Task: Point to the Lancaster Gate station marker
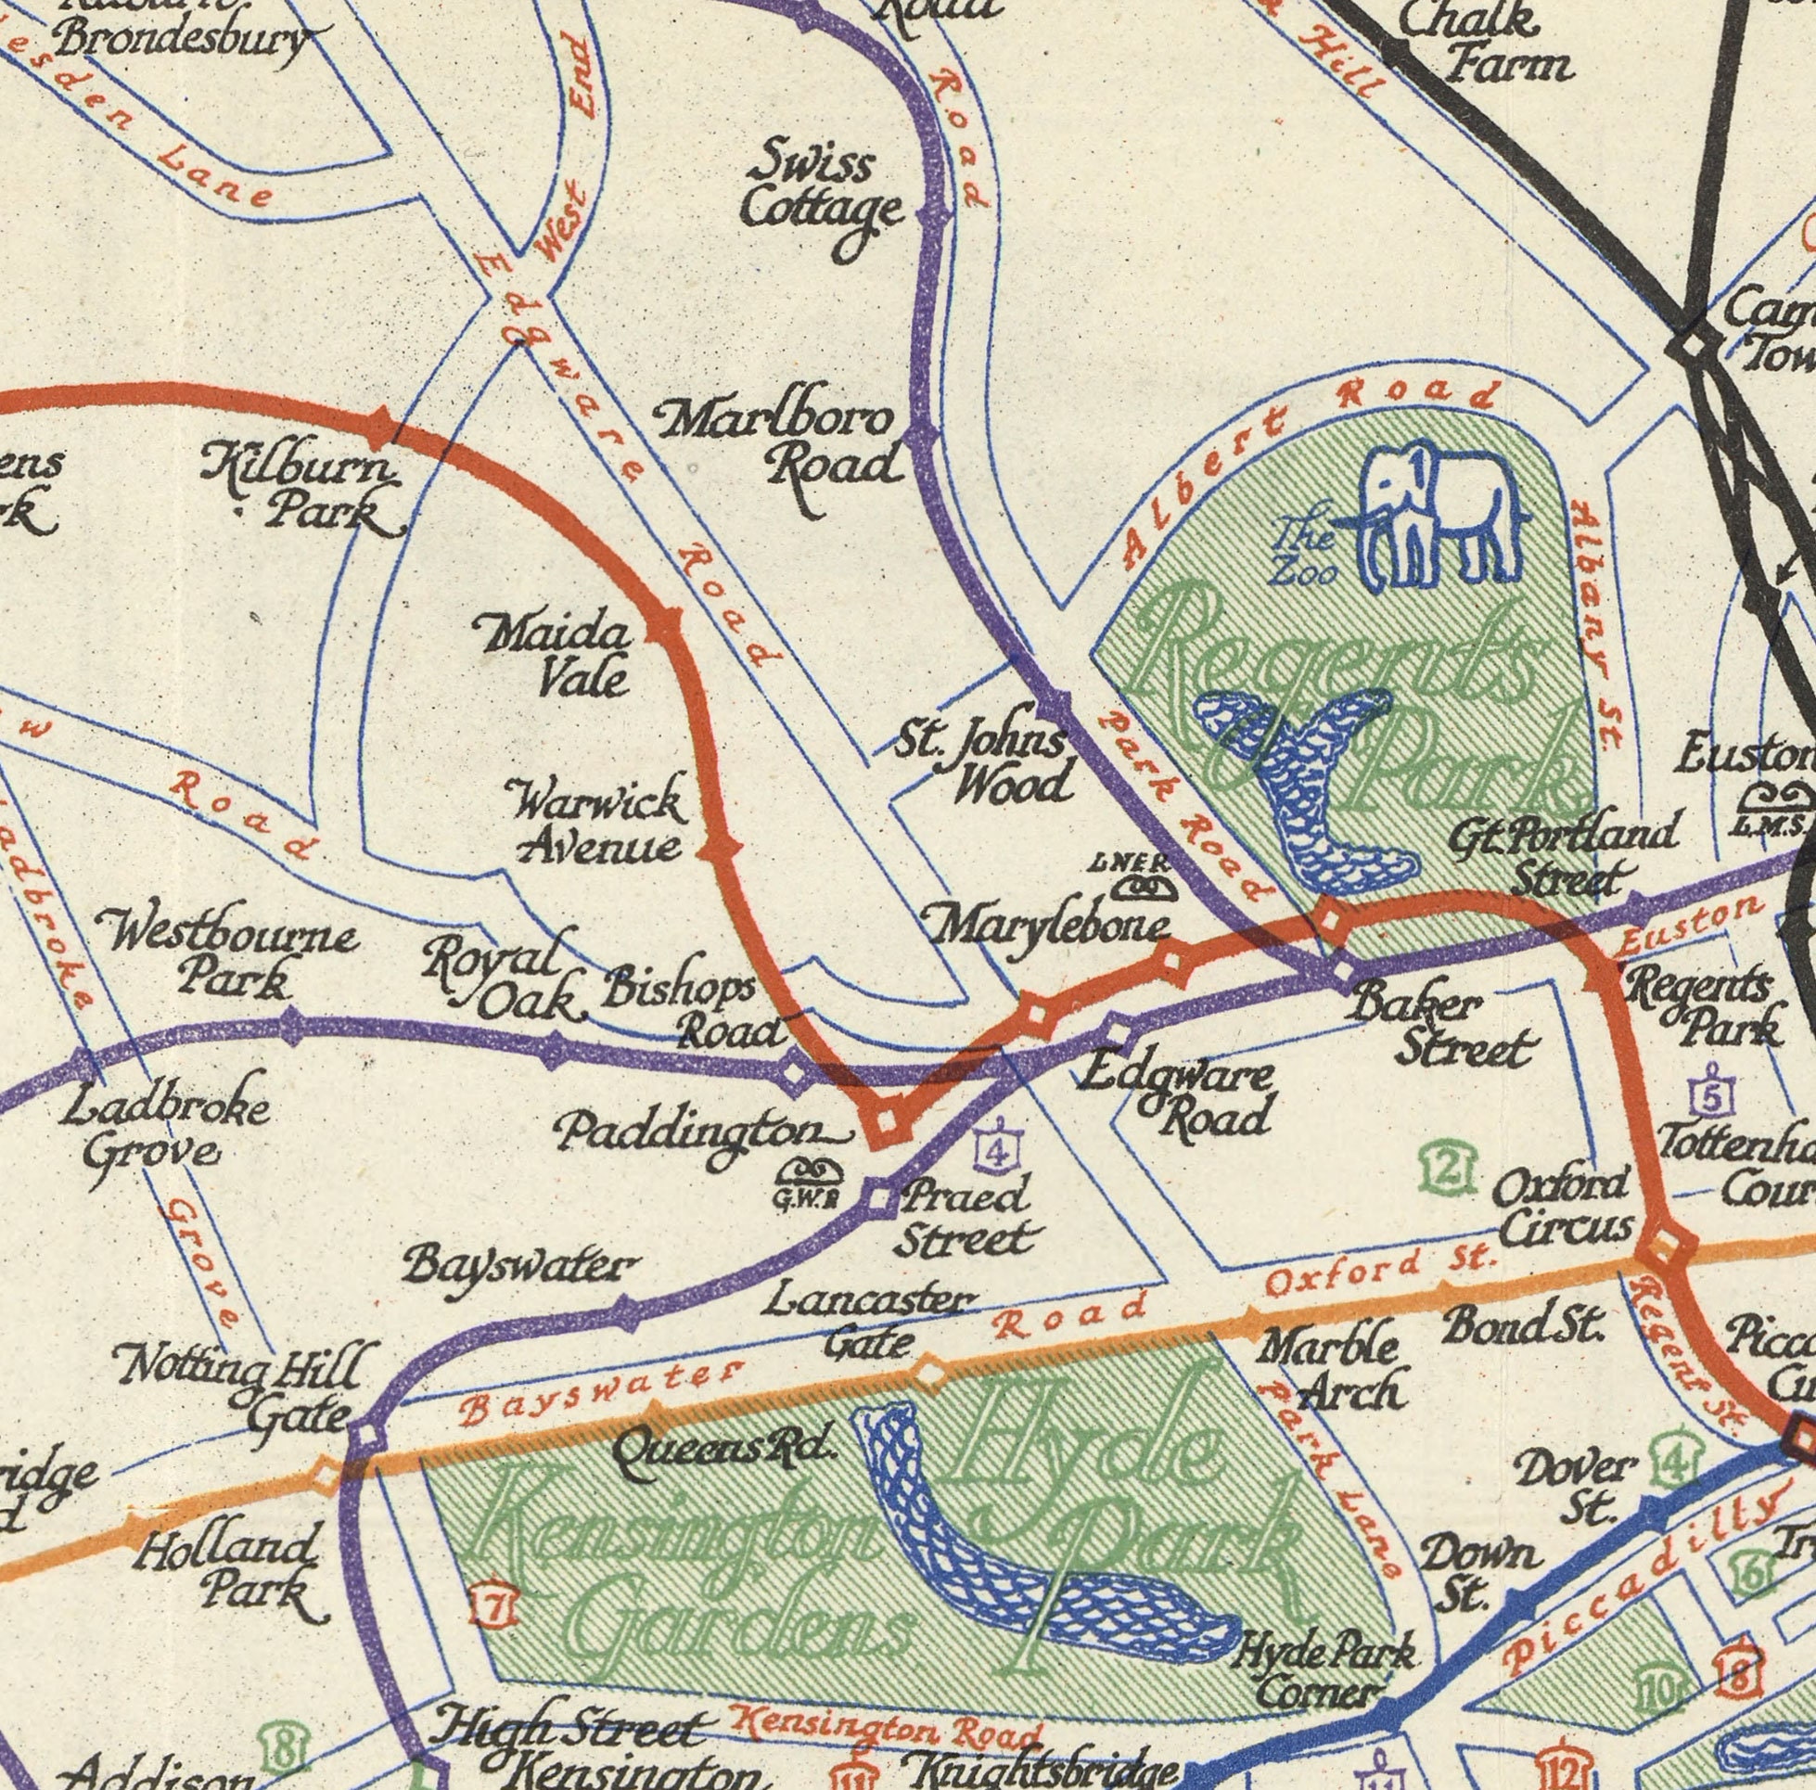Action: click(x=928, y=1375)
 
